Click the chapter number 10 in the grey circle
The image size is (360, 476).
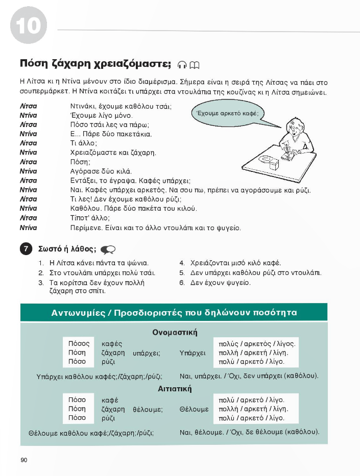[x=29, y=25]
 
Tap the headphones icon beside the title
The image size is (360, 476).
[x=183, y=64]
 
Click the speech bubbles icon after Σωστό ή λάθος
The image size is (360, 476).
[x=108, y=249]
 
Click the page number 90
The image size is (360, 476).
[x=23, y=460]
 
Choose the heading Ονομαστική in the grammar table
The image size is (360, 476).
[x=175, y=333]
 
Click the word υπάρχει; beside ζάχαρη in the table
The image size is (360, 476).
[x=147, y=353]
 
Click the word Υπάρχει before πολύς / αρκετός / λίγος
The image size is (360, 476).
[x=193, y=353]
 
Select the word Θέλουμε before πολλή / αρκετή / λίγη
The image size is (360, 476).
[x=195, y=409]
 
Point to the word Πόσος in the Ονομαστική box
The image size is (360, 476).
[x=79, y=343]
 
